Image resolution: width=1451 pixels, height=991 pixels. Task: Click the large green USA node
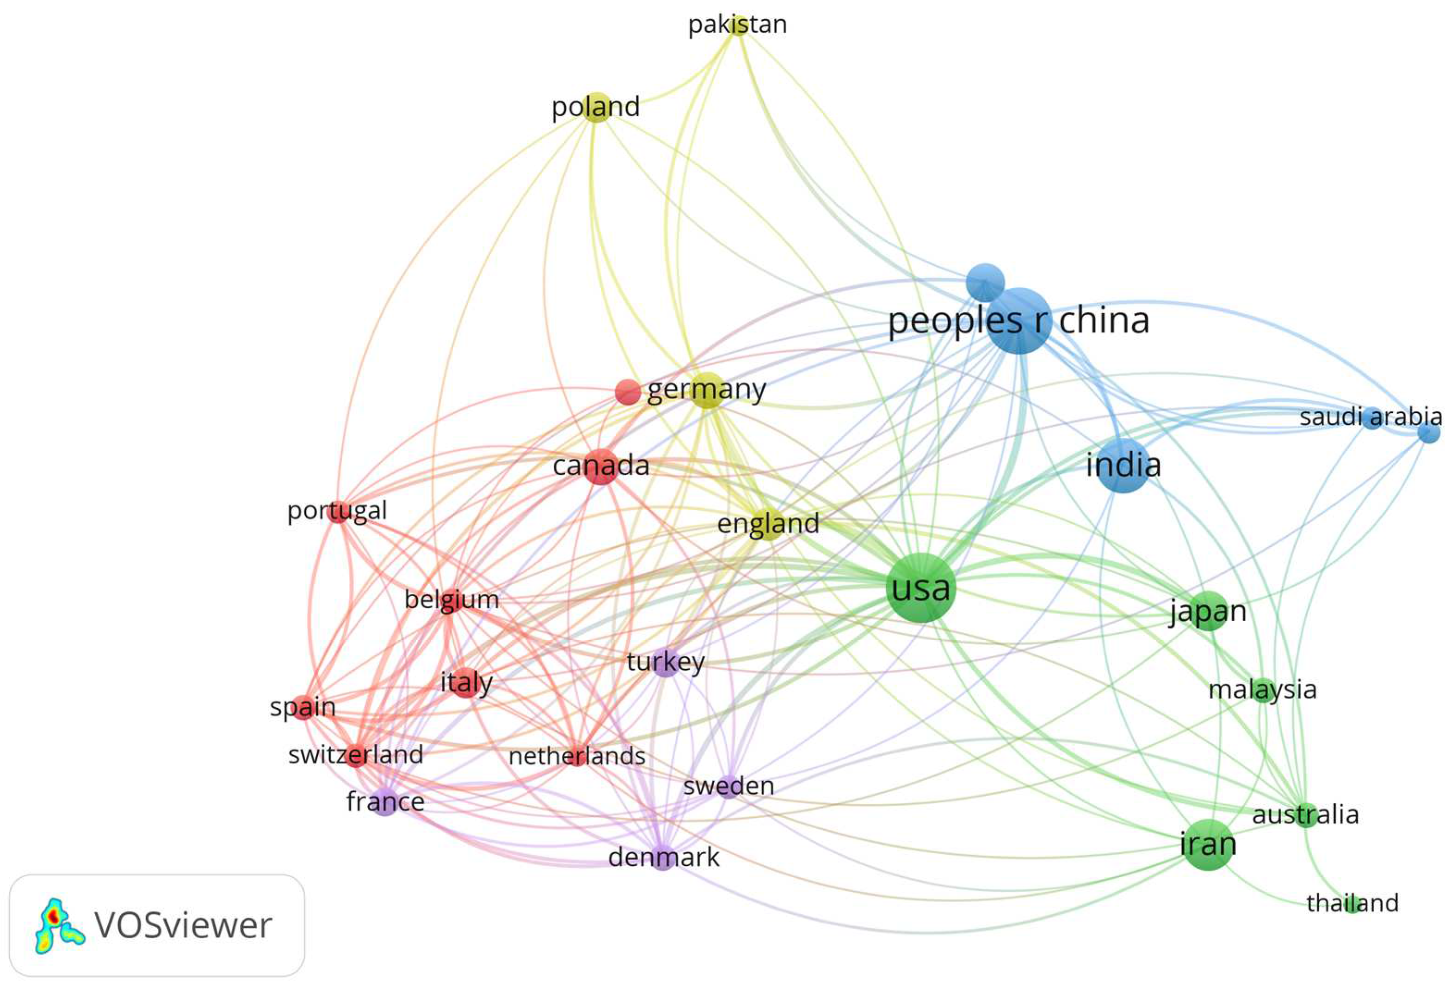click(921, 587)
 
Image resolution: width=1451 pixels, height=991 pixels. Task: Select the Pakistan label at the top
click(737, 25)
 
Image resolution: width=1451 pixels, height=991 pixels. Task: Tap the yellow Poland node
click(596, 107)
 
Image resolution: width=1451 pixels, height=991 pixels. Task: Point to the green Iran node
click(1208, 845)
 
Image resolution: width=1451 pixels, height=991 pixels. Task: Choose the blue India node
click(1123, 465)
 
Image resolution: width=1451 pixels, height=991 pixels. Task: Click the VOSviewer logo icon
click(58, 925)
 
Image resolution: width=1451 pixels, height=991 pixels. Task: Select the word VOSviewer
click(183, 925)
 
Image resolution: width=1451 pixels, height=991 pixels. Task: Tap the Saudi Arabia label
click(1371, 416)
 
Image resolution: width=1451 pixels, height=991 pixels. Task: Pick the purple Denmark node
click(663, 857)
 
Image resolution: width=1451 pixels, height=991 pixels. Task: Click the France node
click(385, 802)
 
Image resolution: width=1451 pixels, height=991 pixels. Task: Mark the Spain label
click(303, 707)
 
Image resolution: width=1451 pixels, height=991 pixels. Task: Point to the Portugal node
click(338, 511)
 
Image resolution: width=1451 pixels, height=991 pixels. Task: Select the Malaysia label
click(1262, 690)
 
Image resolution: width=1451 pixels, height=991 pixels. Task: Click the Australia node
click(1305, 815)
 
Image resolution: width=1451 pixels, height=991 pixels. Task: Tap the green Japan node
click(1208, 611)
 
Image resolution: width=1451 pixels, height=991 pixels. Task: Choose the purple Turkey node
click(666, 662)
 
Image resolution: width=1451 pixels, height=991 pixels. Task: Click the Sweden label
click(729, 786)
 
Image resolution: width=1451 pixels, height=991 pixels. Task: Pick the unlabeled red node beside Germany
click(628, 392)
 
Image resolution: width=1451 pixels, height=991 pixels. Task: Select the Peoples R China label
click(1019, 321)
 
